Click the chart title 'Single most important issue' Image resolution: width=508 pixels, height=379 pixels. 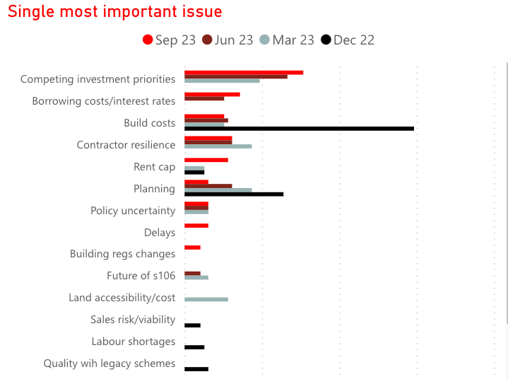[115, 12]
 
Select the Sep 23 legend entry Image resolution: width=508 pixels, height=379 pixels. [169, 40]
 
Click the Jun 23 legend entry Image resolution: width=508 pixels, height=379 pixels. [228, 40]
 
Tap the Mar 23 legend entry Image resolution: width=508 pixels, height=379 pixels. [287, 40]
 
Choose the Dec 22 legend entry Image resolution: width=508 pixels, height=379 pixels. [347, 40]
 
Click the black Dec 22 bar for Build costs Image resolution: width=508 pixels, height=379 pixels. [299, 129]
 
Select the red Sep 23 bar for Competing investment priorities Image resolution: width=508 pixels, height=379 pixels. [244, 72]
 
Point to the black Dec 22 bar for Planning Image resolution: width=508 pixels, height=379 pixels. [234, 194]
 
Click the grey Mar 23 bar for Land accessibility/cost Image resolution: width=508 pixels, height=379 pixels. [206, 299]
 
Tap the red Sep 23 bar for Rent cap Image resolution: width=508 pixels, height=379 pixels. [206, 160]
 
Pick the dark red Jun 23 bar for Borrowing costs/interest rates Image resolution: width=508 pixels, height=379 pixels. [204, 98]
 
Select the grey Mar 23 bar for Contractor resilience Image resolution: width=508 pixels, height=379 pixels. [218, 146]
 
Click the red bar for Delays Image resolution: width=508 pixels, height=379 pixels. [196, 226]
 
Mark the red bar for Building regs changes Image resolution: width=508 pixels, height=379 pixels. [192, 247]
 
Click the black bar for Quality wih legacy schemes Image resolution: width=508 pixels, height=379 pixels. [196, 369]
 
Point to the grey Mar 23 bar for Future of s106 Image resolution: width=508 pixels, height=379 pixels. [196, 277]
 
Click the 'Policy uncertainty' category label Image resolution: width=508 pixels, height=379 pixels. [133, 211]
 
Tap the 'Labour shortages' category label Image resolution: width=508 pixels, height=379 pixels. [133, 342]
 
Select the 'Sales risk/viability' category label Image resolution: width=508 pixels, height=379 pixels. [133, 320]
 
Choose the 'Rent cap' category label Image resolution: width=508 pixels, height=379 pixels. [154, 167]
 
